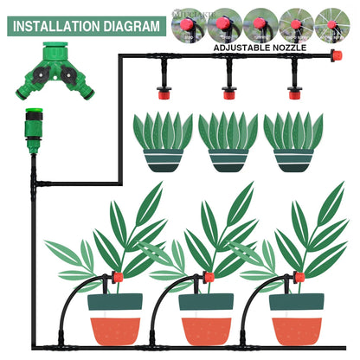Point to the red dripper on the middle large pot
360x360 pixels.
pos(208,278)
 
